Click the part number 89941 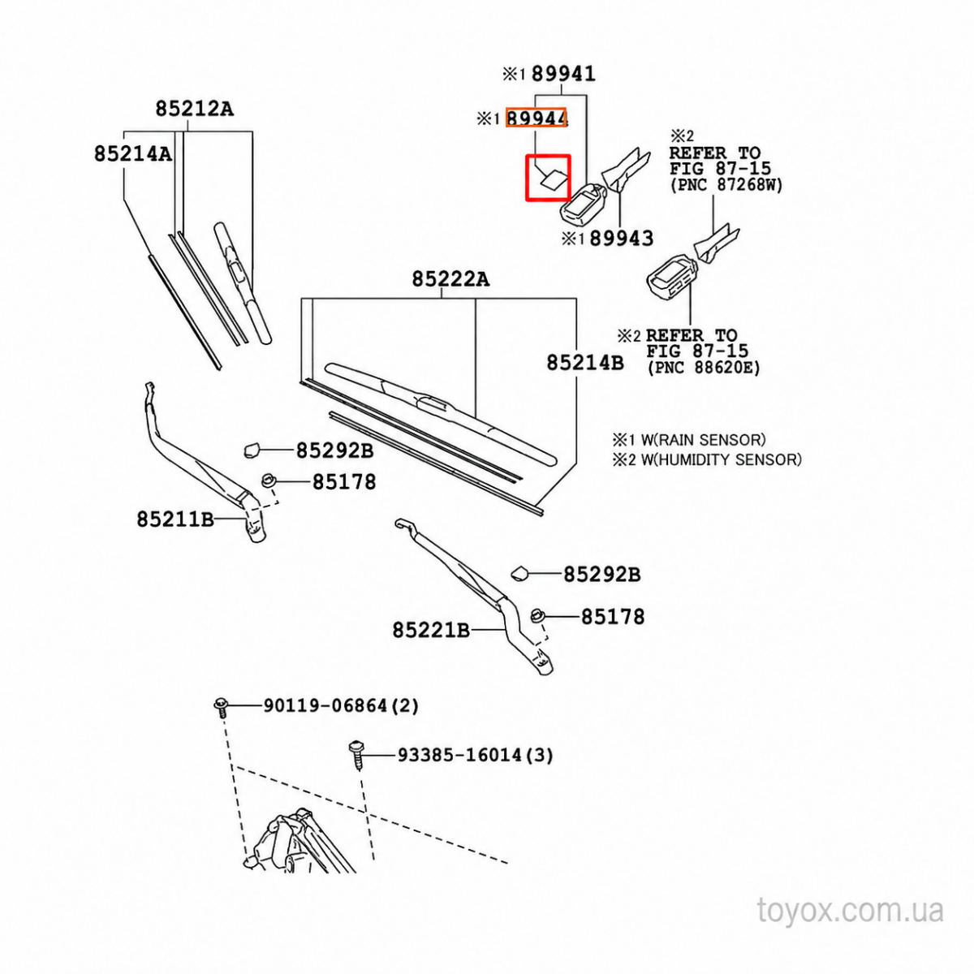tap(563, 75)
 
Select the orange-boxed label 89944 tap(537, 119)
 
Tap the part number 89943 tap(622, 238)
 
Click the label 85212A tap(195, 109)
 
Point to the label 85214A tap(133, 153)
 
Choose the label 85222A tap(450, 279)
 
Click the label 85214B tap(585, 362)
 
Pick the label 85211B tap(175, 519)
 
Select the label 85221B tap(431, 631)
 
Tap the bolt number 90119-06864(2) tap(341, 705)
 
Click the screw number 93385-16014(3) tap(476, 755)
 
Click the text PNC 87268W tap(726, 185)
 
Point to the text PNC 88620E tap(704, 368)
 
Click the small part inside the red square tap(553, 179)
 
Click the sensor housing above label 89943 tap(583, 203)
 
